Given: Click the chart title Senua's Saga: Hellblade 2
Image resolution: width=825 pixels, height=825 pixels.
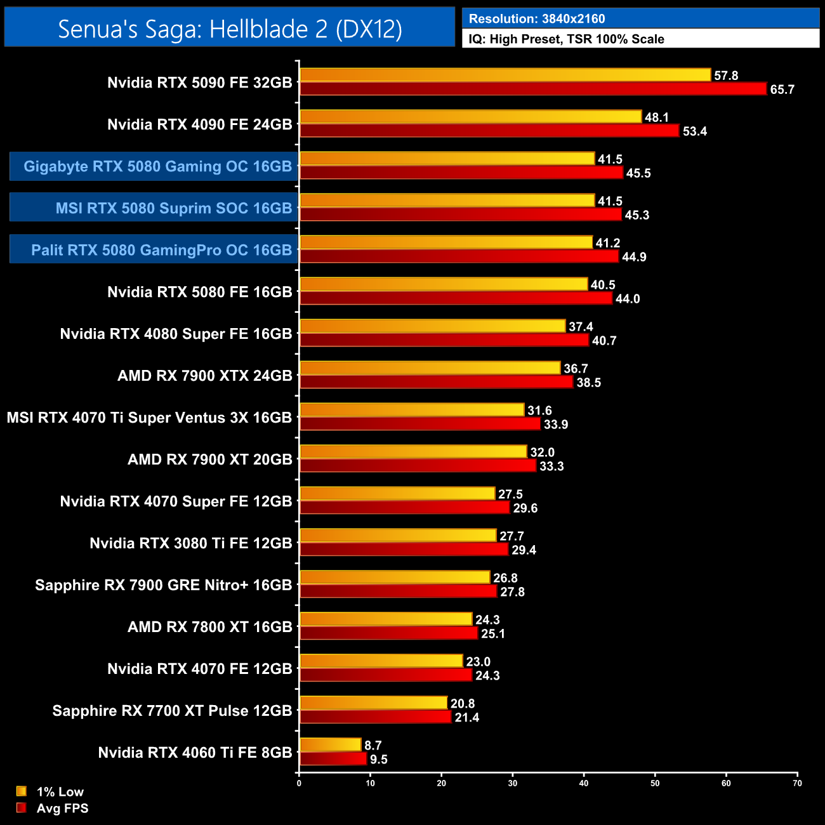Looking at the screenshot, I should [x=230, y=29].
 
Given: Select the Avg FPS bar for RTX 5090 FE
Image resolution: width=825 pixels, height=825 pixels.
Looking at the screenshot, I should [x=533, y=89].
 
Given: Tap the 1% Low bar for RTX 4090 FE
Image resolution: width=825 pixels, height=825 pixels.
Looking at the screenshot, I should [x=470, y=117].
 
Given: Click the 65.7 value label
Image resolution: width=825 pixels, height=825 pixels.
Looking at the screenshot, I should [x=782, y=89].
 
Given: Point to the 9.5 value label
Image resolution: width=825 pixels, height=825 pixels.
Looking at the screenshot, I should [x=379, y=760].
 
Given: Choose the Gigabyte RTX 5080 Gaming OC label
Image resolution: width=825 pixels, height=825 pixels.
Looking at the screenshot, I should [x=157, y=166].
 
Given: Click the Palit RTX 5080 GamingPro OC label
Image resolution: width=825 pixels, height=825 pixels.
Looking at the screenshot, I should [x=161, y=250].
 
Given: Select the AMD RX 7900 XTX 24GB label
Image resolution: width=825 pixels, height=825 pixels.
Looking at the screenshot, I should [x=204, y=376].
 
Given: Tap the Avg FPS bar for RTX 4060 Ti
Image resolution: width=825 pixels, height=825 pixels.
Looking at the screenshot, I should [x=333, y=759].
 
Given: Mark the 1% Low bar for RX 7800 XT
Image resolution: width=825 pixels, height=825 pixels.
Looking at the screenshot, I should [x=386, y=619].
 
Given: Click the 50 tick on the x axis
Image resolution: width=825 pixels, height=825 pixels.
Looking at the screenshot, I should [x=655, y=783].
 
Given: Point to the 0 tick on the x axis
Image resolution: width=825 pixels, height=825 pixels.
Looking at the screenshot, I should [x=299, y=783].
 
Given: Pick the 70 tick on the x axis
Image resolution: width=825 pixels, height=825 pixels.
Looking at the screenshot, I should [x=797, y=783].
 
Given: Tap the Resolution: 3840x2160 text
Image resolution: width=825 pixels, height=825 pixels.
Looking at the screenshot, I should [x=537, y=19].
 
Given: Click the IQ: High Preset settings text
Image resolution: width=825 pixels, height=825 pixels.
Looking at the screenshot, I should [x=566, y=39].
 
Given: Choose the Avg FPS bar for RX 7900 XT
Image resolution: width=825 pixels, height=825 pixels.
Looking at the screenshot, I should [x=418, y=466].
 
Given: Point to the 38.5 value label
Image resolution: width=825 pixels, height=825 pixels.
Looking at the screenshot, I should [x=588, y=383].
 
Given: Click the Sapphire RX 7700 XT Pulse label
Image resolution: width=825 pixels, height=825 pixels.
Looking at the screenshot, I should [x=172, y=711].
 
